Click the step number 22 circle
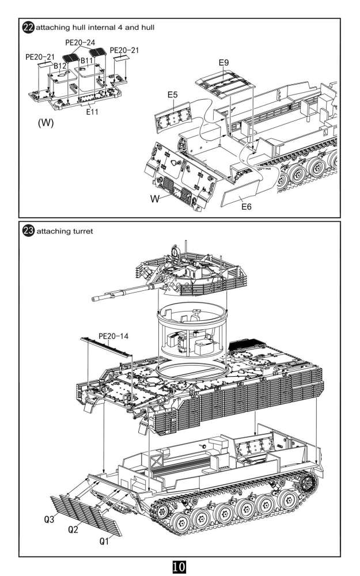click(28, 28)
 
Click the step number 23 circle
click(28, 231)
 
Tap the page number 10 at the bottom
click(179, 566)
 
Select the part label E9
click(223, 62)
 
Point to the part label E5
click(173, 95)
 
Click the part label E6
click(246, 207)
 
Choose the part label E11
click(92, 112)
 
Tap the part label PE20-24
click(80, 43)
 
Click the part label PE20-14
click(113, 336)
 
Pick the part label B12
click(60, 66)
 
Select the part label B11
click(87, 60)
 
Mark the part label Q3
click(49, 520)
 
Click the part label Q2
click(73, 529)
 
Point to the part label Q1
click(104, 541)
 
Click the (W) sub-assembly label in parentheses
click(46, 123)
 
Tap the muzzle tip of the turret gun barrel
click(93, 298)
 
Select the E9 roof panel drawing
click(225, 84)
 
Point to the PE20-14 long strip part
click(106, 347)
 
